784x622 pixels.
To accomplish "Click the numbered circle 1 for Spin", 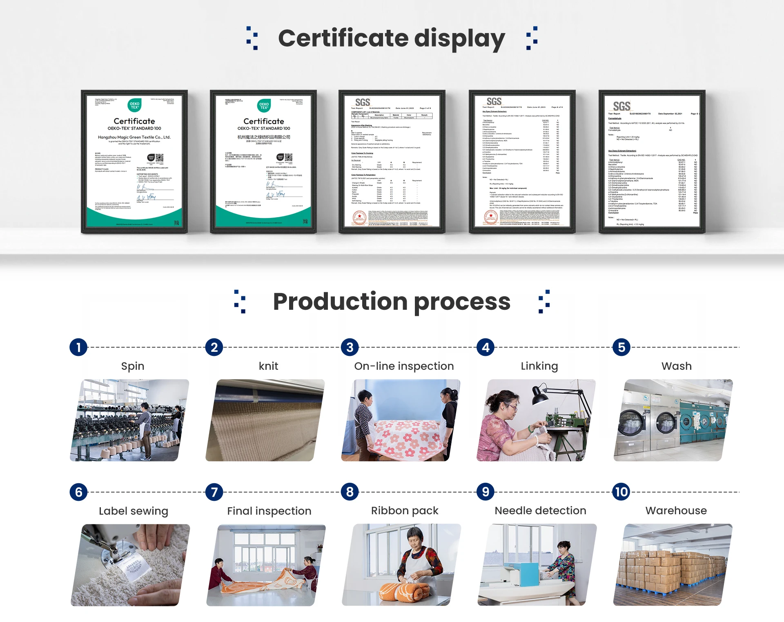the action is point(78,347).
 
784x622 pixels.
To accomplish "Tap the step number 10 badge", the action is point(621,492).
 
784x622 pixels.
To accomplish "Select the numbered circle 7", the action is point(214,492).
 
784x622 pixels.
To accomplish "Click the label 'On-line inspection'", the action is point(404,366).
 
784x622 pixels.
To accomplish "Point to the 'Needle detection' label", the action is point(540,511).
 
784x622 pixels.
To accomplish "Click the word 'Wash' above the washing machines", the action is point(676,366).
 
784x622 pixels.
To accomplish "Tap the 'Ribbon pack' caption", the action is point(405,511).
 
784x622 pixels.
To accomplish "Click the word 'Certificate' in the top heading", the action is point(343,38).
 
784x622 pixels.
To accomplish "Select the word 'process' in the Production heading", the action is point(462,302).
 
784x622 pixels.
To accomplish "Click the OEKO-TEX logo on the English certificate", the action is point(134,105).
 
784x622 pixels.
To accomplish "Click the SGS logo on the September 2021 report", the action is point(621,107).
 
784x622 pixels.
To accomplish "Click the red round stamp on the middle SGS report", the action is point(359,218).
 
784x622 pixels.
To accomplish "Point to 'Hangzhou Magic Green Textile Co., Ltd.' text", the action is point(134,137).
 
